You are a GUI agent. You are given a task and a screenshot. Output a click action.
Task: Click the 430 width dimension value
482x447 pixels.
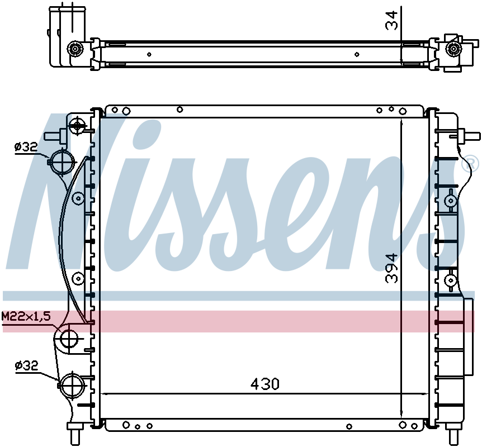tap(264, 384)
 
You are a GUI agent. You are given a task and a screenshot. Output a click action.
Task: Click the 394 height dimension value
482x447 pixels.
tap(392, 268)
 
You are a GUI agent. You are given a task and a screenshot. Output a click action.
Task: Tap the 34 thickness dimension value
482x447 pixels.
tap(391, 20)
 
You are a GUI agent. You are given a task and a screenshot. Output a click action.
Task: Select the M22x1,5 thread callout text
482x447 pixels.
tap(26, 316)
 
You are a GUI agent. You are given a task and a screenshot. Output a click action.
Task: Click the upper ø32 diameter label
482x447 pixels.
tap(26, 147)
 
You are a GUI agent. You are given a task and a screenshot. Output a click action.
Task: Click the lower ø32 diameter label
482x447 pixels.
tap(26, 365)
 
